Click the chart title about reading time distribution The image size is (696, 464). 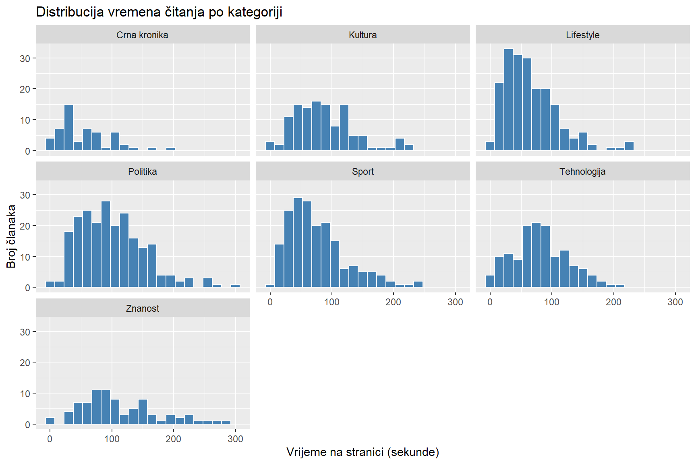click(159, 12)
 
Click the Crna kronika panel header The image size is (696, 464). click(142, 35)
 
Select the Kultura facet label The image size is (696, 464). click(362, 35)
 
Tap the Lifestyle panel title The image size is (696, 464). click(582, 35)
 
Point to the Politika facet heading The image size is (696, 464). click(142, 172)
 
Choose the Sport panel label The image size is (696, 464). click(362, 172)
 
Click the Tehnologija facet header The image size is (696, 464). click(582, 172)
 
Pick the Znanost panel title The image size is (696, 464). click(142, 309)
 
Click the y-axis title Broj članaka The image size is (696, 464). click(11, 236)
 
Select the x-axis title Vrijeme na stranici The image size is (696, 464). click(362, 452)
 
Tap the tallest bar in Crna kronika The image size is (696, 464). click(68, 127)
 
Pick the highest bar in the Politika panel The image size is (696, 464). click(106, 244)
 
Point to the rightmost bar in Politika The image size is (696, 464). click(235, 286)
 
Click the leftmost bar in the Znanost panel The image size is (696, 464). click(50, 421)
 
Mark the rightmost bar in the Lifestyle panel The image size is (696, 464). click(629, 146)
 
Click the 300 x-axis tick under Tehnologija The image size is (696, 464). click(675, 302)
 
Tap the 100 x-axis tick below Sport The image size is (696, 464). click(332, 302)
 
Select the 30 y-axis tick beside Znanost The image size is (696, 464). click(25, 332)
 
